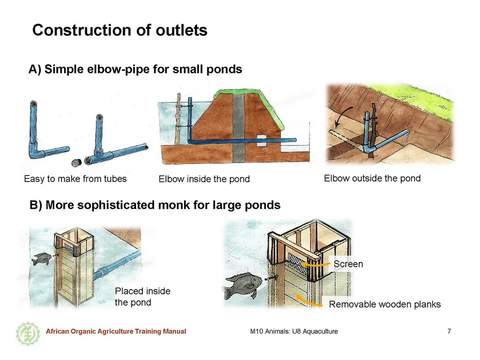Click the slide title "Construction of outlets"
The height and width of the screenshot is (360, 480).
[119, 30]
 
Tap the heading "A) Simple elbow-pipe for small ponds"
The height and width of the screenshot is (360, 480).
[135, 69]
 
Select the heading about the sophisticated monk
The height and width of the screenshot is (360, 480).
[155, 205]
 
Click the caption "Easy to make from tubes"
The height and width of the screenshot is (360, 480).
[75, 179]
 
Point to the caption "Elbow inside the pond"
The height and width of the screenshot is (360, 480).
[204, 179]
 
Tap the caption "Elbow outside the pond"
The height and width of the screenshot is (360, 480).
[372, 178]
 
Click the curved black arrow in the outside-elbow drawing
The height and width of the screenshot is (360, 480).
[341, 116]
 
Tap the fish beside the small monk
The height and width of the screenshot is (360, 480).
[42, 259]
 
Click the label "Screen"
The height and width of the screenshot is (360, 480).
[348, 264]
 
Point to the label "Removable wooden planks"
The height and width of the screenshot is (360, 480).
[385, 304]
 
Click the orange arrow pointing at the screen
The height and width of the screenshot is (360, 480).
[315, 264]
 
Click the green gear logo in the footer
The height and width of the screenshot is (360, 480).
[28, 333]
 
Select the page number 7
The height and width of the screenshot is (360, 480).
[449, 331]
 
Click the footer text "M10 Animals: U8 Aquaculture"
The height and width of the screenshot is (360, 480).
[294, 331]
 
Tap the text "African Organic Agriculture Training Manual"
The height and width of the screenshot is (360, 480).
[116, 331]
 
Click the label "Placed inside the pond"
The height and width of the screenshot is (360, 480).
[142, 296]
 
